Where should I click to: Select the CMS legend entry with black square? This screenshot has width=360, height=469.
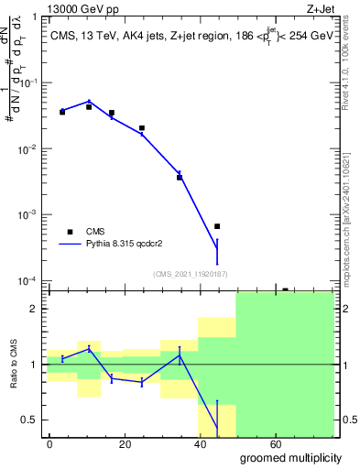pos(70,233)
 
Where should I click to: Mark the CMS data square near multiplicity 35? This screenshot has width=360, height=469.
pos(180,177)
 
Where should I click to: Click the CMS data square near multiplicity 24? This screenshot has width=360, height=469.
pos(141,128)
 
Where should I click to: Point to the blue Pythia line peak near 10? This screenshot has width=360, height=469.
pos(89,102)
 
